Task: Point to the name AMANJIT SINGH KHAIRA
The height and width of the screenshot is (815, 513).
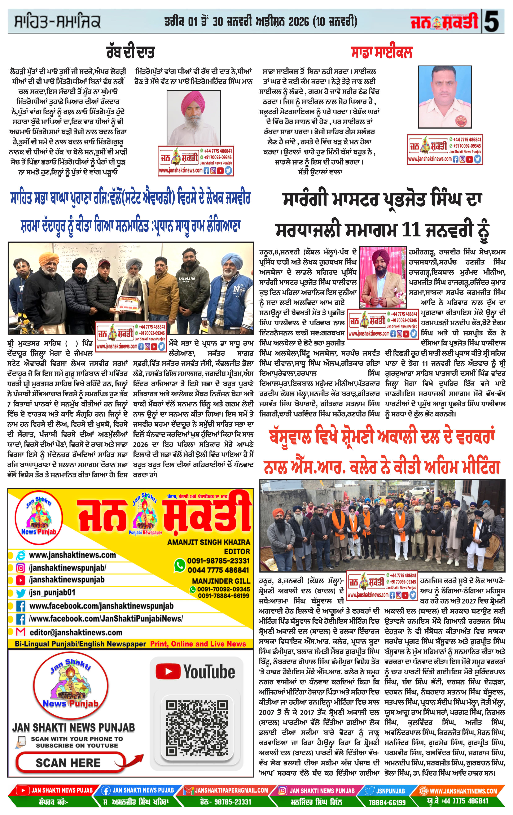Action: pos(209,542)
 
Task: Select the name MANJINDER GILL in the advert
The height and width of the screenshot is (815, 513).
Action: pos(221,581)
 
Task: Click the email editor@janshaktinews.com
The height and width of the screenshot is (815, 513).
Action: pos(76,632)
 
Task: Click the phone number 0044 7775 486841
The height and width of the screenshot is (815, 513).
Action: pos(218,570)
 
